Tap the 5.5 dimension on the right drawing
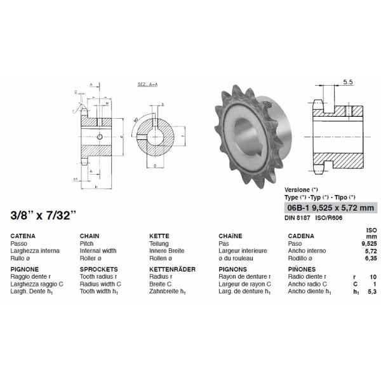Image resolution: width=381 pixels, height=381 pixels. (347, 82)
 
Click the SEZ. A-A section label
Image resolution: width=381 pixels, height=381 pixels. (147, 84)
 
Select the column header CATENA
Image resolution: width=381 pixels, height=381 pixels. (23, 236)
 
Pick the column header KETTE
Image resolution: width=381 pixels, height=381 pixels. (159, 236)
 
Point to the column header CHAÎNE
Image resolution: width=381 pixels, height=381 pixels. (231, 236)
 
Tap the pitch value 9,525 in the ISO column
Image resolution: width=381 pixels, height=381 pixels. (369, 243)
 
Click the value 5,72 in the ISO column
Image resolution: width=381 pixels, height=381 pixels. (371, 251)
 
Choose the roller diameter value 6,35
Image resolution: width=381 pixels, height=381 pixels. (371, 258)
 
